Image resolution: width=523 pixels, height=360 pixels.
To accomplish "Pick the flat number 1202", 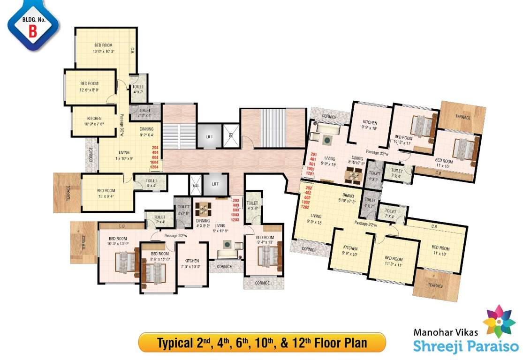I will click(x=310, y=208).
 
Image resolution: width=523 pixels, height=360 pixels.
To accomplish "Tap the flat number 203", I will click(x=236, y=200).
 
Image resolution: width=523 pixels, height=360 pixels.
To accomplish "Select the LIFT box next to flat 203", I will click(x=215, y=184).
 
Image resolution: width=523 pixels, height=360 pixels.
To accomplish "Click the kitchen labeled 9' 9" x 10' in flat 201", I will click(x=370, y=124).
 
